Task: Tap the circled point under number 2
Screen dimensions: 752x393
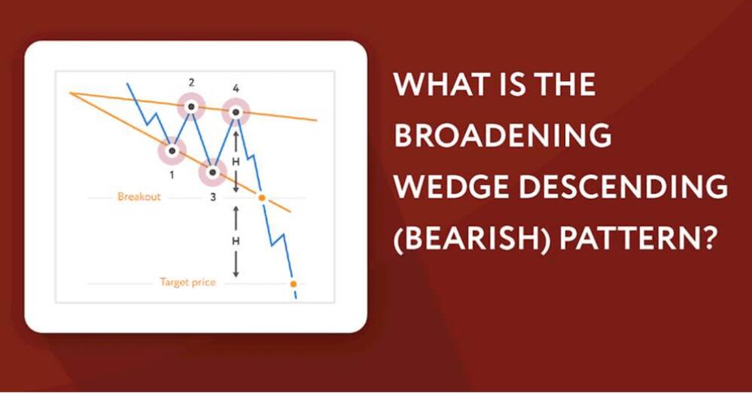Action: (x=191, y=106)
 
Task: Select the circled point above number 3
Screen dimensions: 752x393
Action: (x=213, y=172)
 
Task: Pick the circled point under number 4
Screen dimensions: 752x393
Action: (x=236, y=112)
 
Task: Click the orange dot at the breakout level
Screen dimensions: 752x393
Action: (x=262, y=197)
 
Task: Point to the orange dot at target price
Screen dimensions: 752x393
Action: (x=293, y=284)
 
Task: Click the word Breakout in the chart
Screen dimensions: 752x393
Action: (x=139, y=196)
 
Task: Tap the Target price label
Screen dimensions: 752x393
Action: (x=187, y=282)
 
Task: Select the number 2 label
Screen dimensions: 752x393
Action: (x=191, y=83)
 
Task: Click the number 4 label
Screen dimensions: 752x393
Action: (x=236, y=88)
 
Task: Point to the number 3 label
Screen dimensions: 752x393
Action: (x=213, y=196)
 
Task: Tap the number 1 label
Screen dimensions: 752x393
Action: (x=172, y=175)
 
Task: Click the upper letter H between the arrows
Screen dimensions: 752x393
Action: (x=236, y=162)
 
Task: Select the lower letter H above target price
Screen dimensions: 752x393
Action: (x=236, y=242)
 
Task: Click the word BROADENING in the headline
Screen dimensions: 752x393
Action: (x=503, y=135)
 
